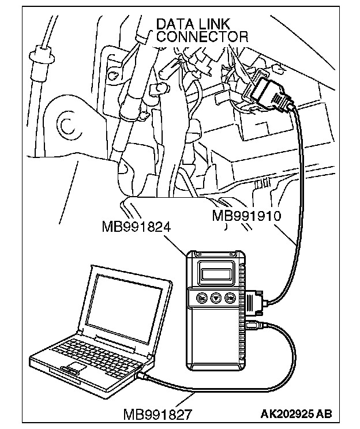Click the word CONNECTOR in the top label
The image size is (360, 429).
click(202, 36)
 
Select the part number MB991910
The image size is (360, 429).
click(246, 216)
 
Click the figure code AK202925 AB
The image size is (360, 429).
click(296, 414)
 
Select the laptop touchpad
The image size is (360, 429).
click(72, 369)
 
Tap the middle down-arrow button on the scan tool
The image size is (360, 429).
click(216, 299)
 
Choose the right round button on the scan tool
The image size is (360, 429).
click(230, 299)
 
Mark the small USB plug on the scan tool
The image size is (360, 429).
click(254, 326)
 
